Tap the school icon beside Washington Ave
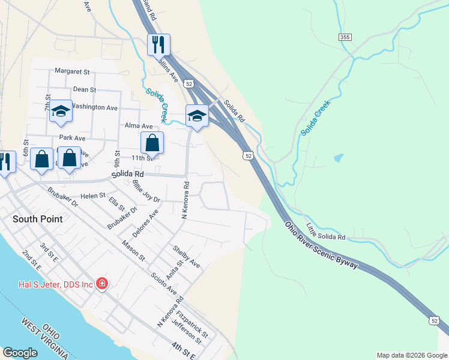tap(61, 111)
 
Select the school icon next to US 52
tap(196, 116)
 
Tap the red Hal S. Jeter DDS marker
tap(102, 283)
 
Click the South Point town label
tap(37, 219)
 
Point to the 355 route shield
tap(345, 37)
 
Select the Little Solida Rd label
tap(326, 232)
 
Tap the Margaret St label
tap(72, 71)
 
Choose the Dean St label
tap(85, 89)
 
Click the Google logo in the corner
tap(20, 353)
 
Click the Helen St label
tap(93, 196)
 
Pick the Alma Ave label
tap(136, 126)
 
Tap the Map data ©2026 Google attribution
tap(412, 355)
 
